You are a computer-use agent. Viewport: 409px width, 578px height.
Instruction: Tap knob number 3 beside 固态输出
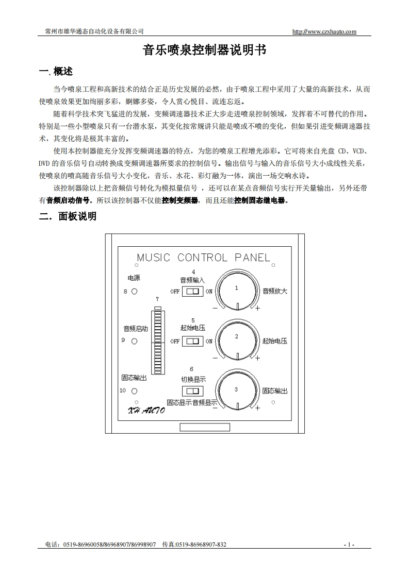coord(237,390)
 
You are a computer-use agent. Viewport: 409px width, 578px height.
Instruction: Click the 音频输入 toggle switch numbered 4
coord(193,292)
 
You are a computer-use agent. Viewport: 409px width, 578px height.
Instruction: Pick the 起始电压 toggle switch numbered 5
coord(193,341)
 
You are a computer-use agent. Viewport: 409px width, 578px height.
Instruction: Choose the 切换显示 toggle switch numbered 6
coord(193,391)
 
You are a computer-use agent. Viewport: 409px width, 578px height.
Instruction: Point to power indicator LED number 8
coord(135,292)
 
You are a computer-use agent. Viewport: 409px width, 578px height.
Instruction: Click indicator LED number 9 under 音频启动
coord(135,341)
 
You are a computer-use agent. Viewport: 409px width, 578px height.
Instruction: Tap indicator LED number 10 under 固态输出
coord(135,391)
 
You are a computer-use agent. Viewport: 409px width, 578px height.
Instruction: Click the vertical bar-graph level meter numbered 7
coord(157,340)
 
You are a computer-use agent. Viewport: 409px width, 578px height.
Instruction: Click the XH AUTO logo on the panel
coord(146,410)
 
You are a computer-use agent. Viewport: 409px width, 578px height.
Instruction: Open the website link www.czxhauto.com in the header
coord(324,31)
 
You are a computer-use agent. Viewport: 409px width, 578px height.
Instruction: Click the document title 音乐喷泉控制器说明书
coord(204,50)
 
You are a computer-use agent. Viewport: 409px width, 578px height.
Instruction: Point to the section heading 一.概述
coord(56,72)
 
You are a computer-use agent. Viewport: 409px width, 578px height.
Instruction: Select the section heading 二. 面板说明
coord(68,216)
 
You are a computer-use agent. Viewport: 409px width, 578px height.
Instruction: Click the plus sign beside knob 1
coord(258,309)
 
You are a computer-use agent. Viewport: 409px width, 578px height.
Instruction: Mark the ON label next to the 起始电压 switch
coord(209,341)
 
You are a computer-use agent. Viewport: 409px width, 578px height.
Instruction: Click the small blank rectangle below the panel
coord(205,427)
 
